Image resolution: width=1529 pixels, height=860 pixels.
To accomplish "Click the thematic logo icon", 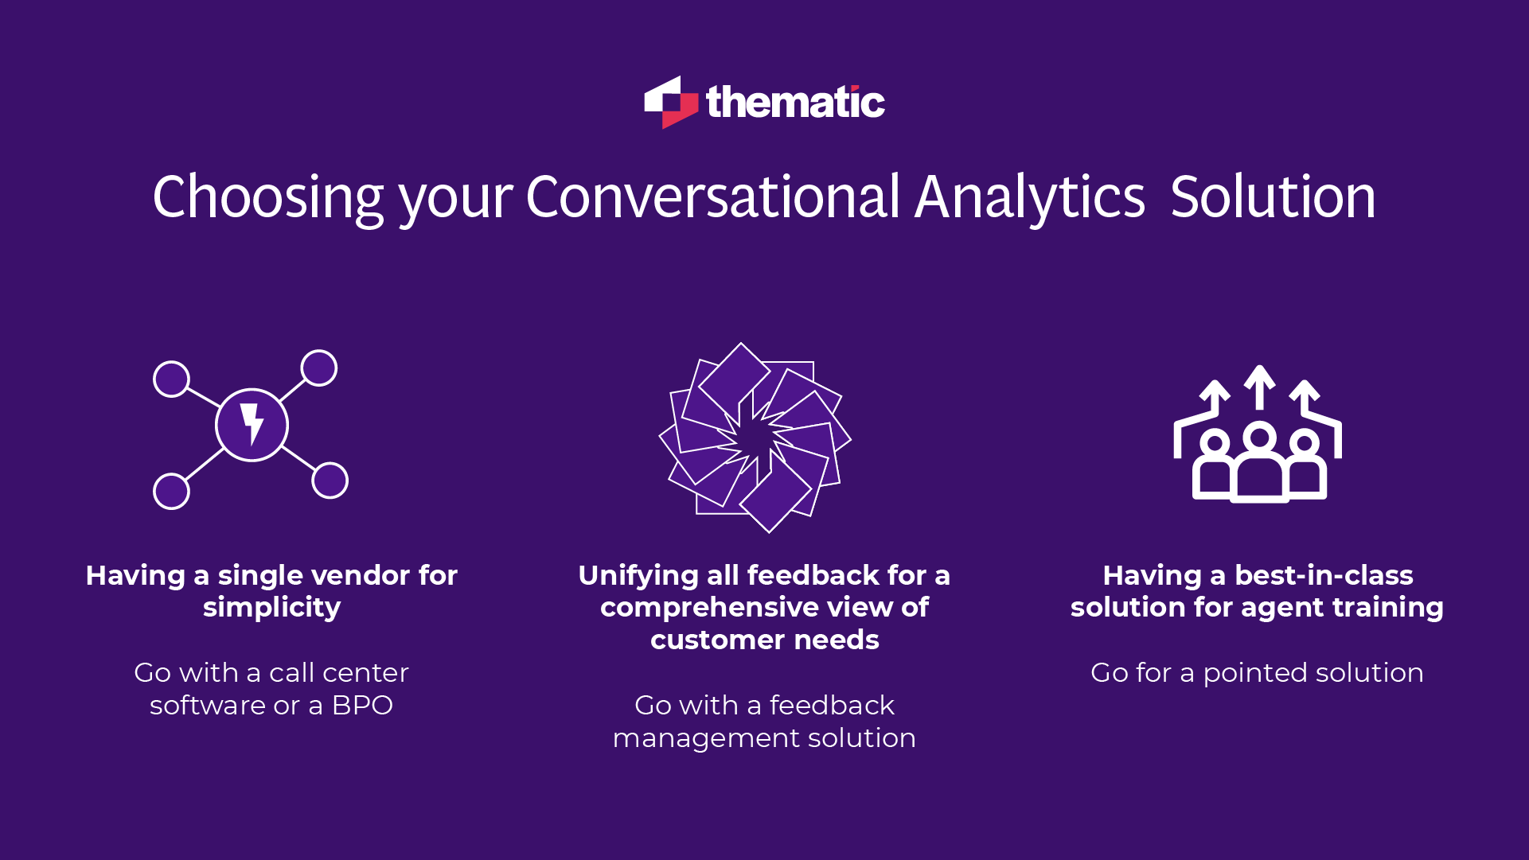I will [670, 103].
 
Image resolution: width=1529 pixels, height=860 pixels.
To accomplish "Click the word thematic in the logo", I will [795, 103].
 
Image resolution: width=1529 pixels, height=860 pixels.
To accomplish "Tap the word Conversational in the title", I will [712, 197].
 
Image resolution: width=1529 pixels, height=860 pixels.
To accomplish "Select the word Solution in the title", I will [1272, 197].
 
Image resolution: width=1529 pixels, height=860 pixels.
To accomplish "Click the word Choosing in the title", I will [268, 197].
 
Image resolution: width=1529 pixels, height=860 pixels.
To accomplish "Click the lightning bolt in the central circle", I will [252, 423].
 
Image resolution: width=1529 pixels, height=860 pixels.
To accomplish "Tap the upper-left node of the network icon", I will [171, 379].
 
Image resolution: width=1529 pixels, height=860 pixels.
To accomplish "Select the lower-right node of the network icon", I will [330, 481].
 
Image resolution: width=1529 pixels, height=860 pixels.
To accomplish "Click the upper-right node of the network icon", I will [319, 368].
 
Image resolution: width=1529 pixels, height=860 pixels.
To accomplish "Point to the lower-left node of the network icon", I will [171, 491].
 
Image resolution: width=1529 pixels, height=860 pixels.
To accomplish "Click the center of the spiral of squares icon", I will [755, 438].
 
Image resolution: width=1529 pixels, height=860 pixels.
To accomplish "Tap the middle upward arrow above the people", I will [1259, 385].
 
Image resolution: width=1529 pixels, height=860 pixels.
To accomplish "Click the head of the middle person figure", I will [1259, 438].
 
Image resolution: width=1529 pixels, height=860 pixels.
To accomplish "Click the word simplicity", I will [271, 608].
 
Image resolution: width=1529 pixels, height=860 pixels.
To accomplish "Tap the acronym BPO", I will [362, 706].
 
